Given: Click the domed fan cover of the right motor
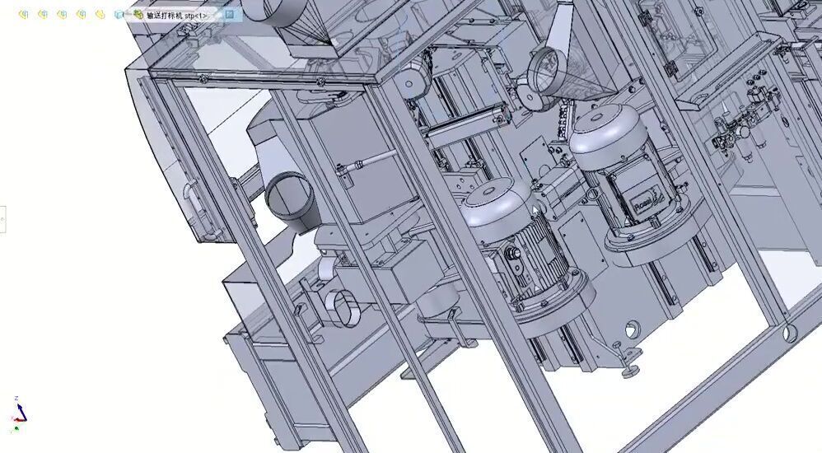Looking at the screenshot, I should [x=605, y=128].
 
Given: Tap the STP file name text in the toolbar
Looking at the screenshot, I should [x=182, y=15].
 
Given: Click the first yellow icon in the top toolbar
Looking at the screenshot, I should [x=24, y=14].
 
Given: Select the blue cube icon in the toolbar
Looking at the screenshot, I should [x=119, y=14].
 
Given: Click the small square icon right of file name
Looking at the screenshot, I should [x=230, y=14].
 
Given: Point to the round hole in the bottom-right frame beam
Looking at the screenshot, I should [x=790, y=332].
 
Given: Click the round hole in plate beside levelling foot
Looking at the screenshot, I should [x=633, y=329].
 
